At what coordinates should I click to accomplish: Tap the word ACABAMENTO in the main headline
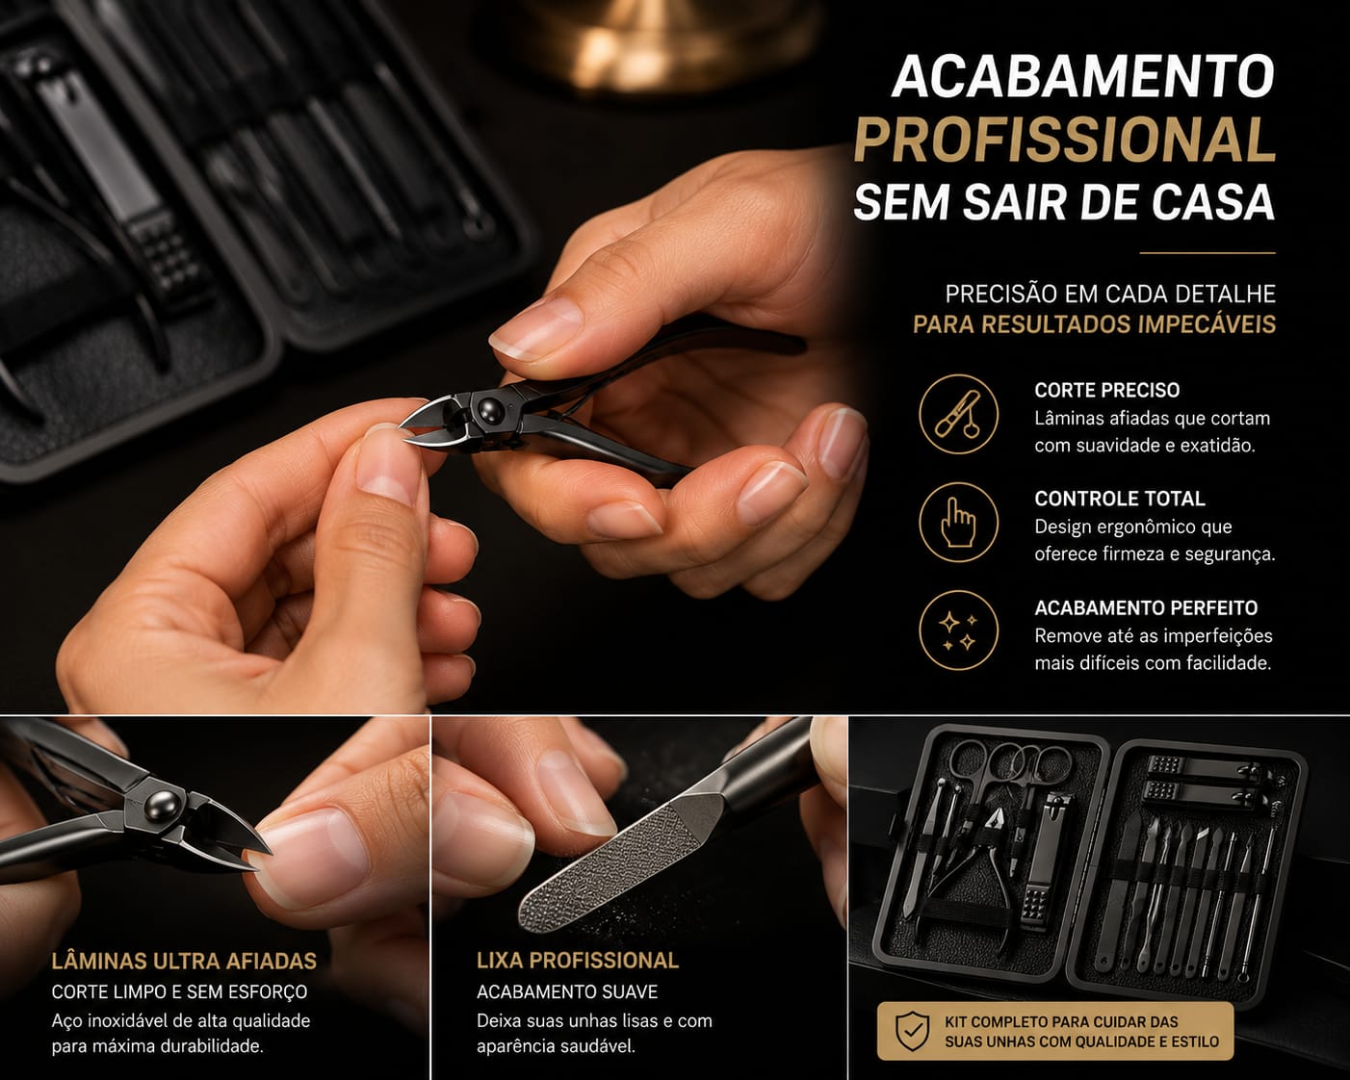coord(1083,76)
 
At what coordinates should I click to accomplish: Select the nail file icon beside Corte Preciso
coord(958,414)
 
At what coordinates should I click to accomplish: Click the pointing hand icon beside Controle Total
coord(958,522)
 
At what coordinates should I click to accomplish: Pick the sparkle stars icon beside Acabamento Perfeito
coord(958,630)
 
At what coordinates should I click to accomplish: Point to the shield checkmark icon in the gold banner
coord(913,1031)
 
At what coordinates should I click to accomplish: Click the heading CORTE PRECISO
coord(1107,390)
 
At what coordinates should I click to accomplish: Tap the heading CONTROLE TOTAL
coord(1120,499)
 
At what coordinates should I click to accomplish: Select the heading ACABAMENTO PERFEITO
coord(1146,607)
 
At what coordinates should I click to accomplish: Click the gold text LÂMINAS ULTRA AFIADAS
coord(184,961)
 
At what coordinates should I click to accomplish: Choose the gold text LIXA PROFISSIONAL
coord(578,961)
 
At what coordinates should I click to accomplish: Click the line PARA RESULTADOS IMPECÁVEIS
coord(1095,324)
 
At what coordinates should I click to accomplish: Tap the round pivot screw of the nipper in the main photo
coord(490,410)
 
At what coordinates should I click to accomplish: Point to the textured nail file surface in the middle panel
coord(621,863)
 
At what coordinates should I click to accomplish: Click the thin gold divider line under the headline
coord(1207,253)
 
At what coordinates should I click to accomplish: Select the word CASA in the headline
coord(1207,202)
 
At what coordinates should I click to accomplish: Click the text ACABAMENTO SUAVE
coord(567,991)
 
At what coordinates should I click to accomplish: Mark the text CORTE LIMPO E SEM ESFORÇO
coord(179,991)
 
